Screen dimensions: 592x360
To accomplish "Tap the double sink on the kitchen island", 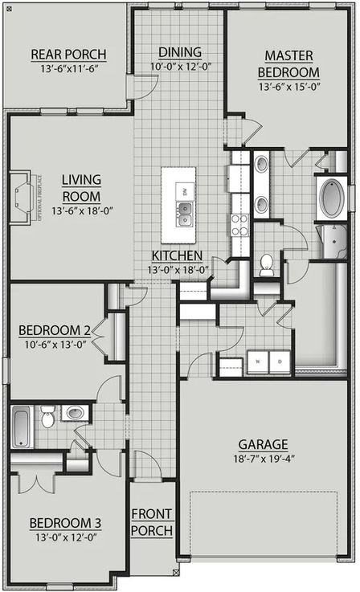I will (x=185, y=213).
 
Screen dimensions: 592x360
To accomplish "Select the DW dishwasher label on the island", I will (x=185, y=191).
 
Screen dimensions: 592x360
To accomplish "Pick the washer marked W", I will (x=257, y=361).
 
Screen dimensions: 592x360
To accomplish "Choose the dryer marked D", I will (x=280, y=361).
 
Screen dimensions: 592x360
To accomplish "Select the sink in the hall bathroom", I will (x=74, y=414).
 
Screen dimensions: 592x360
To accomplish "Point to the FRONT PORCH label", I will (x=152, y=522).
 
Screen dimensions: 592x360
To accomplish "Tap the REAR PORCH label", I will (x=68, y=55).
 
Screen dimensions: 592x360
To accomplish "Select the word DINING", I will (x=179, y=51).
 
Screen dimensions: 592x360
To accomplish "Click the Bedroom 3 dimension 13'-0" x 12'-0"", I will (x=65, y=538).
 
